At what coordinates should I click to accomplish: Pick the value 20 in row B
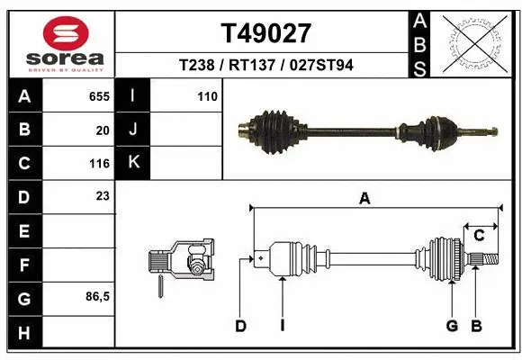click(103, 130)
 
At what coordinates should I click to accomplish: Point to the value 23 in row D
click(103, 196)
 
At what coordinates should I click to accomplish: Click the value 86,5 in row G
click(97, 296)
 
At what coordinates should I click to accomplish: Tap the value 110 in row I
click(207, 96)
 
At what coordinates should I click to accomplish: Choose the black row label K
click(134, 163)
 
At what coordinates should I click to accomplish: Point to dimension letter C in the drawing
click(480, 236)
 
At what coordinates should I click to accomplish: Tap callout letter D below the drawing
click(240, 326)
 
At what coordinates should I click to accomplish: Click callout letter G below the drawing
click(452, 326)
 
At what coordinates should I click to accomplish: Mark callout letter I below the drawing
click(282, 326)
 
